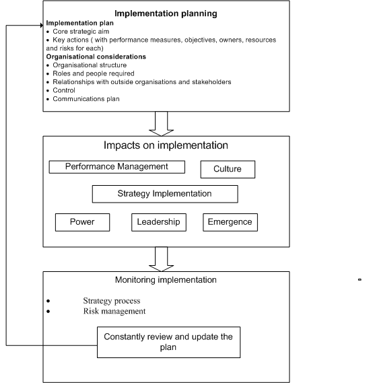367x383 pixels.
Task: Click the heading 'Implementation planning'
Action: pyautogui.click(x=166, y=13)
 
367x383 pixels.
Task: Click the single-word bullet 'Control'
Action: pyautogui.click(x=65, y=90)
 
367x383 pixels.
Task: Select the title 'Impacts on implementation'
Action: pyautogui.click(x=166, y=145)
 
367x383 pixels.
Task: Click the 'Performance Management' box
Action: pyautogui.click(x=117, y=166)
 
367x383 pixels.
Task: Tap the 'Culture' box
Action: pyautogui.click(x=228, y=169)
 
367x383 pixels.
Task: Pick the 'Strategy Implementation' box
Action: pyautogui.click(x=164, y=194)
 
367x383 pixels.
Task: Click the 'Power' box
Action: pyautogui.click(x=82, y=221)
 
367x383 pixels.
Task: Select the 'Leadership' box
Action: pyautogui.click(x=159, y=221)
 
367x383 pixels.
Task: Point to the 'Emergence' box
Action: pyautogui.click(x=230, y=221)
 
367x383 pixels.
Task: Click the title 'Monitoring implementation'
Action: pyautogui.click(x=165, y=280)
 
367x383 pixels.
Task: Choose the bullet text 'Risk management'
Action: pyautogui.click(x=114, y=311)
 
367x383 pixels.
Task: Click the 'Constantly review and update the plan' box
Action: pyautogui.click(x=167, y=340)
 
